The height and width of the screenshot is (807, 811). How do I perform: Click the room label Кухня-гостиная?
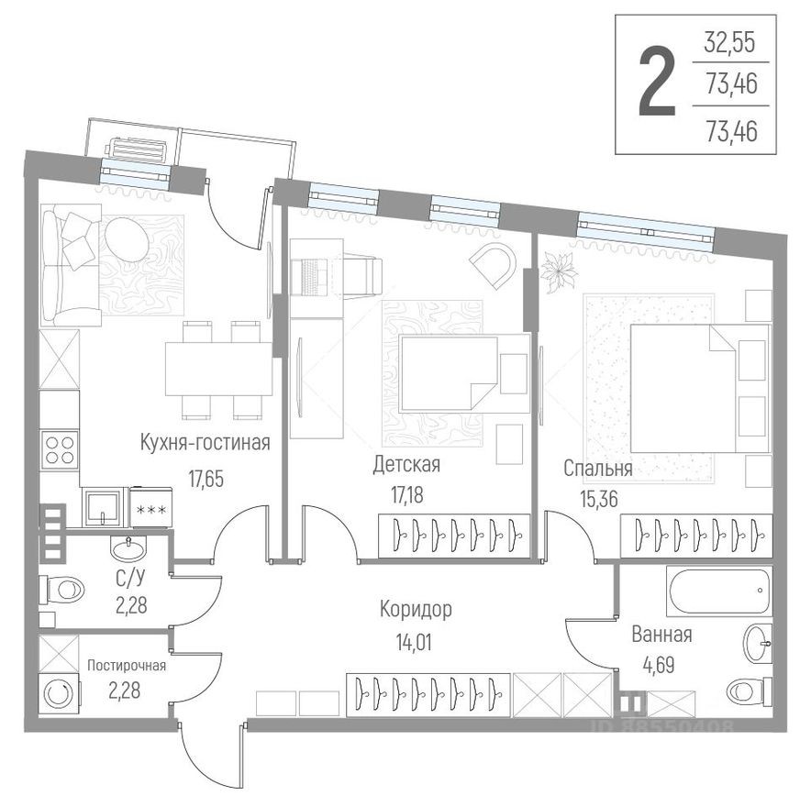205,444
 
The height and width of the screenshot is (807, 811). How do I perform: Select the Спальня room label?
597,469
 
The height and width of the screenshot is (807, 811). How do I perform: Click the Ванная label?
661,635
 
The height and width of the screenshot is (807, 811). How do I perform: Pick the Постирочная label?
127,666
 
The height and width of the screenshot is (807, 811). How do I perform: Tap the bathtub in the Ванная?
721,591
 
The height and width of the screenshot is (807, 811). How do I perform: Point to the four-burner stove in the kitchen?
60,451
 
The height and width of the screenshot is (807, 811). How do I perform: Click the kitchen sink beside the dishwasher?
104,507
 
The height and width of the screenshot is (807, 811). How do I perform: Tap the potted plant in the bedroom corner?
556,272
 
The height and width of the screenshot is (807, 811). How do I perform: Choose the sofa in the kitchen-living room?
72,264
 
